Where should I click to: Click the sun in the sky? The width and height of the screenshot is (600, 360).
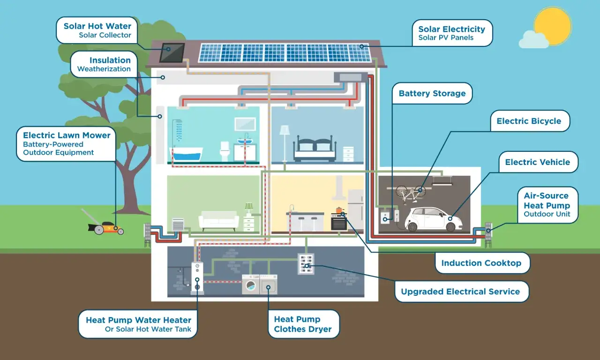point(553,26)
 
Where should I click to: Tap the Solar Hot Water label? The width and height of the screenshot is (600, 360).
point(97,30)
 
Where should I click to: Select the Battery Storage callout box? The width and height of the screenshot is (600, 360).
point(432,93)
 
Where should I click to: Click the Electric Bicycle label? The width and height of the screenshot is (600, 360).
point(529,121)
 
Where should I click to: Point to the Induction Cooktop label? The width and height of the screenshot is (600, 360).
point(481,263)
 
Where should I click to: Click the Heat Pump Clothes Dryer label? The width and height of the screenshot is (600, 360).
point(303,324)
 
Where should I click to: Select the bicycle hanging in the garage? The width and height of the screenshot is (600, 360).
point(411,191)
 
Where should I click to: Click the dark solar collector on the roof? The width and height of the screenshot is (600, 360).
point(172,52)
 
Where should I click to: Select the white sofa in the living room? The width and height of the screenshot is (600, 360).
point(219,220)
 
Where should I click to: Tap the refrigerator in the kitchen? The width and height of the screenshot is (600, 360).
point(355,210)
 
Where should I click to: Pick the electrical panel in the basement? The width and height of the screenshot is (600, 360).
point(306,264)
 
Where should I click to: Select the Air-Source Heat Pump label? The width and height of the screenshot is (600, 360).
point(547,205)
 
